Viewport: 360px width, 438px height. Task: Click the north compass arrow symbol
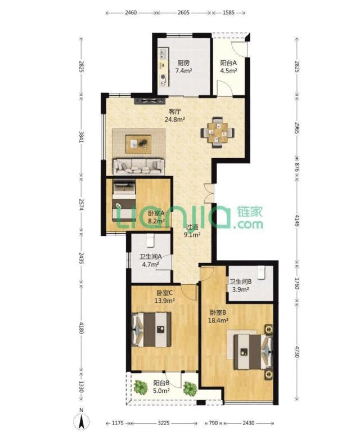pos(81,422)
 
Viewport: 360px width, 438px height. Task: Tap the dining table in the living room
pos(218,132)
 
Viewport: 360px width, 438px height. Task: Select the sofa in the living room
pos(138,167)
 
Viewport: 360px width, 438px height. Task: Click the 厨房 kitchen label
pos(183,63)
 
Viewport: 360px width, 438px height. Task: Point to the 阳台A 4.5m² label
pos(228,67)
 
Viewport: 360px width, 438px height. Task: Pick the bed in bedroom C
pos(151,329)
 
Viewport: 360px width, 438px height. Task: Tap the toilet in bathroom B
pos(261,272)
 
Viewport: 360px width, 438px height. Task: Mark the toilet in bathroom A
pos(150,240)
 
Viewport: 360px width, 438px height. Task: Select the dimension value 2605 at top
pos(183,12)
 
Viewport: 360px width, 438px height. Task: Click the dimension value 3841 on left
pos(81,137)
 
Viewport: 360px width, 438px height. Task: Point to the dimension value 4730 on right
pos(296,352)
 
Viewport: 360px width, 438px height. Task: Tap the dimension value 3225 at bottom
pos(164,423)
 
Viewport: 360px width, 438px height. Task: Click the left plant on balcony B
pos(141,387)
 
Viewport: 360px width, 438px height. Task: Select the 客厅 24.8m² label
pos(175,115)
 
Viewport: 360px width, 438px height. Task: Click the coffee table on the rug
pos(138,144)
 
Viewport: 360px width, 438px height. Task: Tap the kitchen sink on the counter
pos(163,54)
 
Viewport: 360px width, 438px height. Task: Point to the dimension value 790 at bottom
pos(213,423)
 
